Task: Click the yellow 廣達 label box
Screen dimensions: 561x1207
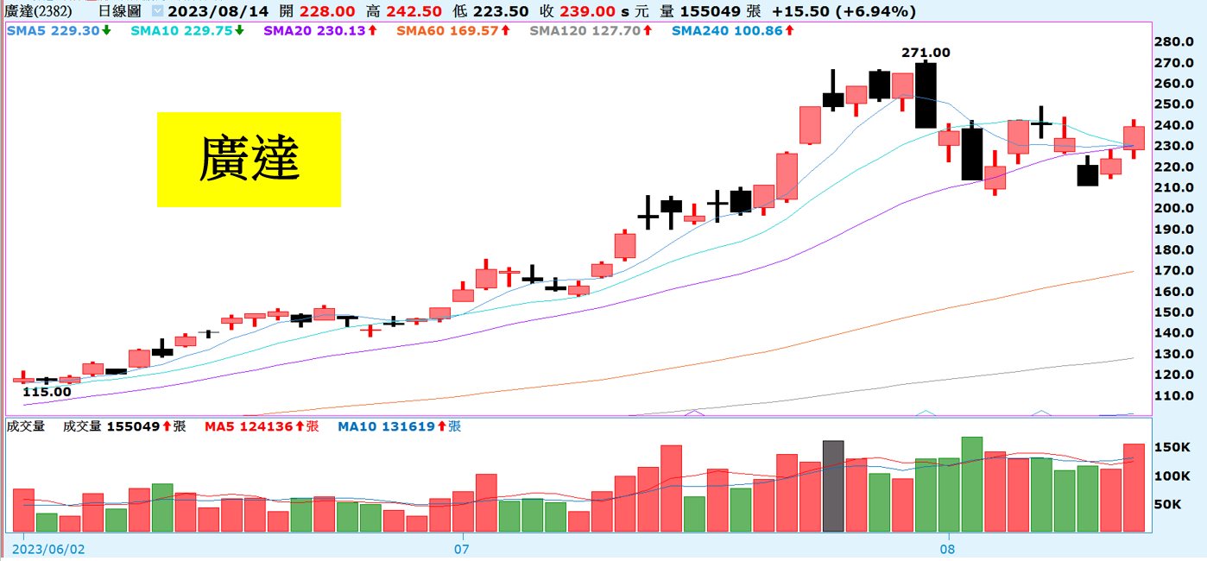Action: (249, 160)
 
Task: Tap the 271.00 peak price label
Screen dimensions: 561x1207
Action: (926, 53)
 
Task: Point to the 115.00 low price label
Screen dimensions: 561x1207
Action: (47, 392)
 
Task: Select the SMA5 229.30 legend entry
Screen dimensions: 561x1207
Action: (58, 30)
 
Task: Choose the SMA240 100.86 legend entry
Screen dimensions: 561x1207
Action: (732, 30)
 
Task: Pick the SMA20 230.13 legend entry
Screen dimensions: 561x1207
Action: (319, 30)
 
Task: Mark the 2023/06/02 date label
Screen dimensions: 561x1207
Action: (49, 548)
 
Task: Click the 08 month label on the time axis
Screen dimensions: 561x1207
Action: (948, 548)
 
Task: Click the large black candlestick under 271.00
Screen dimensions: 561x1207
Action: (926, 95)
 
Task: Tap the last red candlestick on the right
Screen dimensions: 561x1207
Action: (1134, 138)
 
